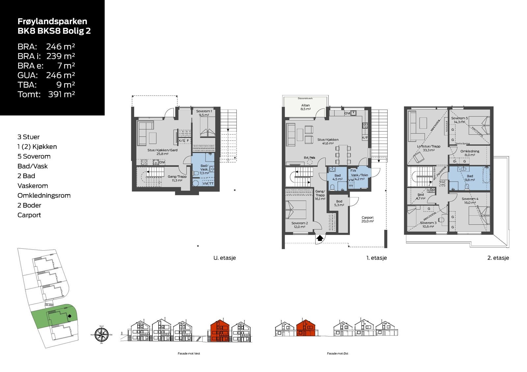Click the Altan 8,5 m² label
(x=305, y=107)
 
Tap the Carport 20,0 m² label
(x=368, y=219)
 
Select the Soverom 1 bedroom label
(x=204, y=113)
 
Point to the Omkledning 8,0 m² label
(x=470, y=153)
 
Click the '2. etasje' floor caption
(x=498, y=258)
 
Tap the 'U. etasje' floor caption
(x=225, y=258)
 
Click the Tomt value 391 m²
(x=62, y=94)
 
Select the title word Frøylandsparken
(x=52, y=21)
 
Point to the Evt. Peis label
(x=309, y=158)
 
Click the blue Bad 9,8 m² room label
(x=470, y=178)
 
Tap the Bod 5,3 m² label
(x=339, y=203)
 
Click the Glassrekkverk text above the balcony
(x=305, y=98)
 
